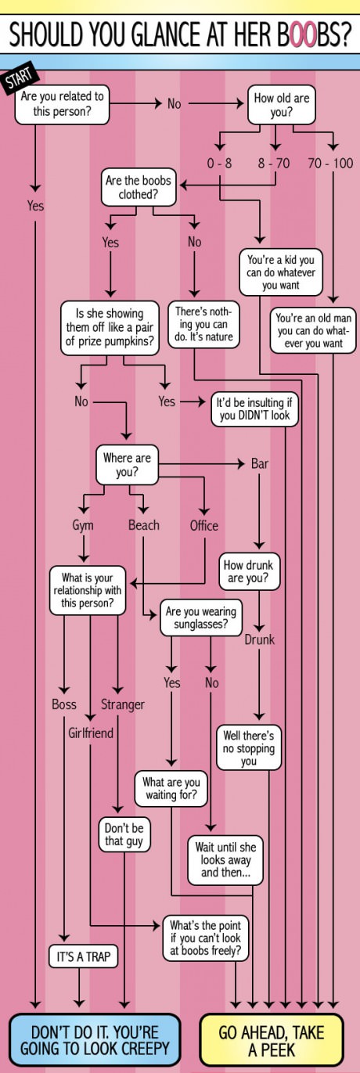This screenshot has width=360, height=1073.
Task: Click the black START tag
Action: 19,78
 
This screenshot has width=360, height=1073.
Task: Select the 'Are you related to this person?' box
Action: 62,104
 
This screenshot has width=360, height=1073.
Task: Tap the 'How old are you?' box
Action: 281,105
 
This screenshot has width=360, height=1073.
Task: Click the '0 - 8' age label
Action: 219,164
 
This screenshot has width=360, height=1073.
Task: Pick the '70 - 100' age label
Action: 330,164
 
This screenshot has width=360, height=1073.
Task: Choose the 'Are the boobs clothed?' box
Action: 139,187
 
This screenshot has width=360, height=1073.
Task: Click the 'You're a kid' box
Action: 280,272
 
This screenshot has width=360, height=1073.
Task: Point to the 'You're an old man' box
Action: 314,330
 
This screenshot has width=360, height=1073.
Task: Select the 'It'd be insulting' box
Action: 254,409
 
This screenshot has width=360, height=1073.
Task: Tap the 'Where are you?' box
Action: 127,465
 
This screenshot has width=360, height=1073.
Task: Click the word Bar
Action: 260,463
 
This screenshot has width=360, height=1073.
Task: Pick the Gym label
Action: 83,525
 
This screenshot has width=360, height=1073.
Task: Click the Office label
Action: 204,525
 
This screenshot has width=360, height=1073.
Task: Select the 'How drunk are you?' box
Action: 248,571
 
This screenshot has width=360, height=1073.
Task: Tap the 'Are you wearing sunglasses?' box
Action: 200,618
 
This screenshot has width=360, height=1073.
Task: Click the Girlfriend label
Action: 91,733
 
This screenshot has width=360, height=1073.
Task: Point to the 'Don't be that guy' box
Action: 124,835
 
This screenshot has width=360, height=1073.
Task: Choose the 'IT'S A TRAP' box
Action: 83,956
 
